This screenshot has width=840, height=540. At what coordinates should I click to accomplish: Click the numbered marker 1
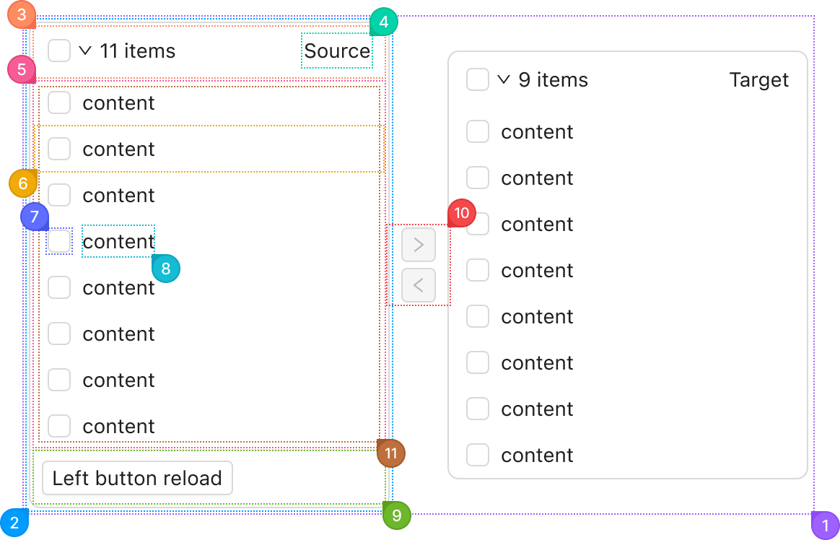click(x=826, y=526)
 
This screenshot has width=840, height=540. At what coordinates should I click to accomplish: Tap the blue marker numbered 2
click(x=14, y=523)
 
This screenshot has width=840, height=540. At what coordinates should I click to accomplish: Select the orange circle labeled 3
click(x=22, y=14)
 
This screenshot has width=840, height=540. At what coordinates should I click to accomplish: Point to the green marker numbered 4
click(x=384, y=22)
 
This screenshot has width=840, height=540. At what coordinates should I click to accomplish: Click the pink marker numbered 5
click(x=22, y=69)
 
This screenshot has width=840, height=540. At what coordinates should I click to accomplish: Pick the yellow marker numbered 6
click(x=23, y=184)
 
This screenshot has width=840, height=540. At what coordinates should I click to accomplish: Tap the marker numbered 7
click(x=35, y=217)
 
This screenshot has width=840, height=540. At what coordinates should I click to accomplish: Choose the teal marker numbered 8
click(x=166, y=269)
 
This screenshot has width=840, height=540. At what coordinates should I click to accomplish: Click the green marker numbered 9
click(x=396, y=515)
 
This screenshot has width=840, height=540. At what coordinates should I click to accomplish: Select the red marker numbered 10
click(x=462, y=213)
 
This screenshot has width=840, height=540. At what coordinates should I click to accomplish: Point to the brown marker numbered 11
click(x=391, y=454)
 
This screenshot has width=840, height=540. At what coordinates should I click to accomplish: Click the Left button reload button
click(x=137, y=478)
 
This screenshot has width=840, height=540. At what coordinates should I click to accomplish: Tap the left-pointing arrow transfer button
click(x=419, y=286)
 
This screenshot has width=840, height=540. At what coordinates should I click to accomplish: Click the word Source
click(x=337, y=51)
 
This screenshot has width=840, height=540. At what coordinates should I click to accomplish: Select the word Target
click(x=759, y=80)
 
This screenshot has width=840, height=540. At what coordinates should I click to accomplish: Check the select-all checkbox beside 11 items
click(x=59, y=51)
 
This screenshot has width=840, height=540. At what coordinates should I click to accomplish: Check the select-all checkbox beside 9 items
click(x=477, y=80)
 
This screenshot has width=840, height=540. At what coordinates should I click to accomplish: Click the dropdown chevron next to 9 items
click(x=504, y=80)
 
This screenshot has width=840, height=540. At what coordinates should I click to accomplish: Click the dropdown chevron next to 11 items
click(x=85, y=51)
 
